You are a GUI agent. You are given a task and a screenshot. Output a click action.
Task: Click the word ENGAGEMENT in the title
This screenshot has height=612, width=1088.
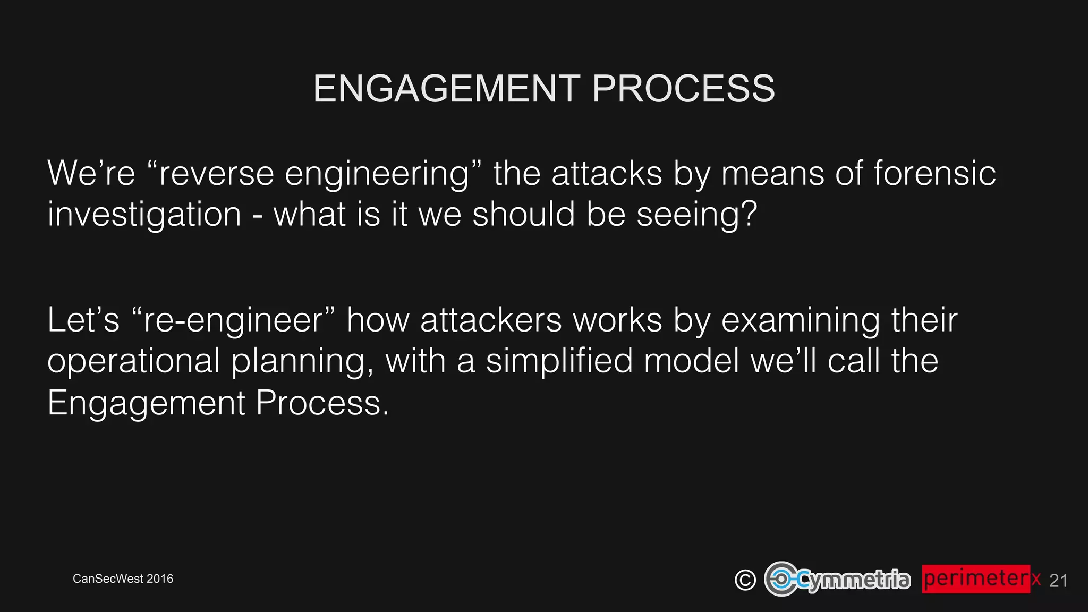pos(447,88)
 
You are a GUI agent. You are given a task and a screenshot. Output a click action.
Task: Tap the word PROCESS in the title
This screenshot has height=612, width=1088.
pos(683,88)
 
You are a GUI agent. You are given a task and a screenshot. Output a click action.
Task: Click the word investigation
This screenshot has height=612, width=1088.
pos(144,215)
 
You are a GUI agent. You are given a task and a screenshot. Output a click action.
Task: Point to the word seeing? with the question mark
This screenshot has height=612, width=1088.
pos(696,215)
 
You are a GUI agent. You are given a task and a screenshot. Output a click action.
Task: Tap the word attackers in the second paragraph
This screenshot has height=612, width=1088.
pos(491,320)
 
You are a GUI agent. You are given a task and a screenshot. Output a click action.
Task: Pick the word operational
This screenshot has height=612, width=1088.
pos(133,361)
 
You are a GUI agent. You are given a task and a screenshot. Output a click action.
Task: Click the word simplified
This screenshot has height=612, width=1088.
pos(559,361)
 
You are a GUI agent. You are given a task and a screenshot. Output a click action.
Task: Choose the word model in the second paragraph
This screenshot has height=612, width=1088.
pos(691,361)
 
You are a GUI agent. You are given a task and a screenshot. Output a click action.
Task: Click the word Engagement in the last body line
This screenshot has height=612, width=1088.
pos(146,403)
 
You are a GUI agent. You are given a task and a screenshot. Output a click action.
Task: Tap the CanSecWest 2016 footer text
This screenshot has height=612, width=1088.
pos(123,579)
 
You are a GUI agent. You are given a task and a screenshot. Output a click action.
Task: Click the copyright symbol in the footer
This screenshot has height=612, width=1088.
pos(745,580)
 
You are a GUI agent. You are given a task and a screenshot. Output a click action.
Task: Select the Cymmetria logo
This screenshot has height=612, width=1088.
pos(837,579)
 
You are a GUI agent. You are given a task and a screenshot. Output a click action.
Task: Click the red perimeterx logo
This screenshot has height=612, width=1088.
pos(981,579)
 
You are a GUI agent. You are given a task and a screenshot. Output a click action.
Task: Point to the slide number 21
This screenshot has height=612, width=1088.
pos(1058,581)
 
